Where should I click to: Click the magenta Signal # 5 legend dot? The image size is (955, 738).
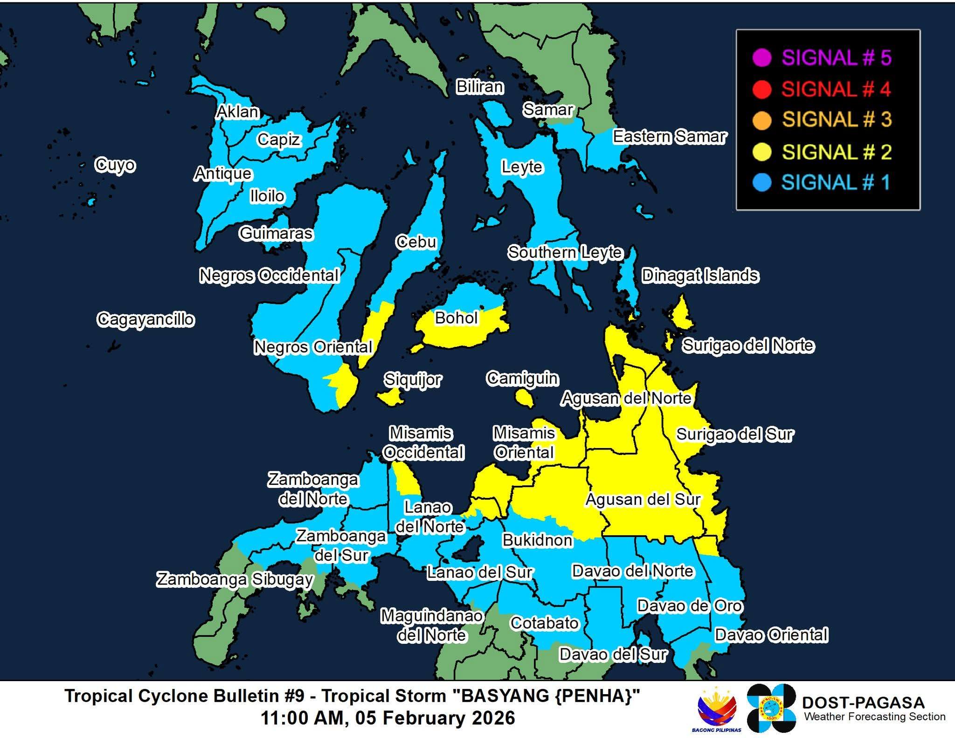click(x=761, y=58)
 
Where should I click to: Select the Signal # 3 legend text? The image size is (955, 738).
click(x=837, y=120)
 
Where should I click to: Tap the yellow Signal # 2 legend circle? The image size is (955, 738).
click(x=761, y=152)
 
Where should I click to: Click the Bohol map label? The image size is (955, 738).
click(x=456, y=318)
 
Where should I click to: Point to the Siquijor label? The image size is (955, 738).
click(x=412, y=380)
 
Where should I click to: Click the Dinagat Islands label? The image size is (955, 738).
click(x=700, y=276)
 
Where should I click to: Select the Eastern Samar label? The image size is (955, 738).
click(x=669, y=137)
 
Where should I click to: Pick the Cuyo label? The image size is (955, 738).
click(x=115, y=165)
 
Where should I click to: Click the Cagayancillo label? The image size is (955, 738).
click(x=145, y=320)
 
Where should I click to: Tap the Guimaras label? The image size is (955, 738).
click(x=276, y=233)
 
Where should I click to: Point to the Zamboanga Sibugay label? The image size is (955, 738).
click(x=235, y=579)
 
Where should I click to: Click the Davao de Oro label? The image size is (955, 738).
click(x=689, y=606)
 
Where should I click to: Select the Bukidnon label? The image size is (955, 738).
click(x=537, y=540)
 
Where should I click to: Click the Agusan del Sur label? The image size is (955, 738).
click(x=643, y=500)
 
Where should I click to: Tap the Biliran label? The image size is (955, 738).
click(x=479, y=87)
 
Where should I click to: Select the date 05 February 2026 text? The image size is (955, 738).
click(x=435, y=718)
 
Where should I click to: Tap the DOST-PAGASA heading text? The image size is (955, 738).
click(x=863, y=703)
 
